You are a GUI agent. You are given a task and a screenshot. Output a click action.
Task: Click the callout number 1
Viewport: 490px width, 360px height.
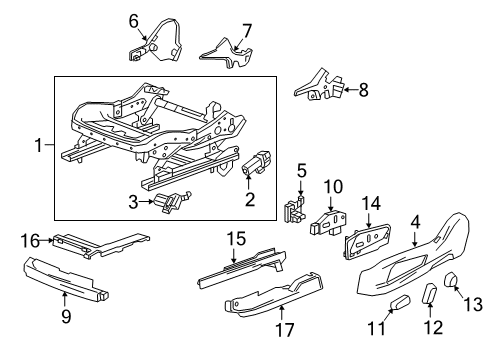39,146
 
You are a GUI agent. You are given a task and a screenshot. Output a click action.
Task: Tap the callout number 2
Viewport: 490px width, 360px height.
250,200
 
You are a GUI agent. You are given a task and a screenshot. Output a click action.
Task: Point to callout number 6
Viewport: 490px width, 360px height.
133,18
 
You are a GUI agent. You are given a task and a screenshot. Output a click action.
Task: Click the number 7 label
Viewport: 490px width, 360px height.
246,30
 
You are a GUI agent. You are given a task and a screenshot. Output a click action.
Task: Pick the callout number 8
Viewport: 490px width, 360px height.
363,91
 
